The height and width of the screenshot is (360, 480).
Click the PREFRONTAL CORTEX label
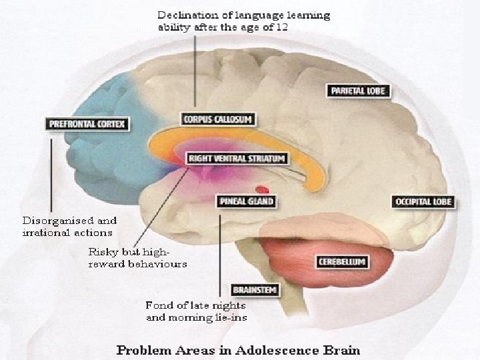click(x=87, y=124)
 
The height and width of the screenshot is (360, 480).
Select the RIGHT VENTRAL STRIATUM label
click(x=237, y=159)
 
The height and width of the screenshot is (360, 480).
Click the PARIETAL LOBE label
click(x=358, y=90)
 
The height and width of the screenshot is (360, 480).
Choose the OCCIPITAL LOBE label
click(x=424, y=201)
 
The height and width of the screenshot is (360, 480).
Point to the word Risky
click(x=103, y=252)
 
